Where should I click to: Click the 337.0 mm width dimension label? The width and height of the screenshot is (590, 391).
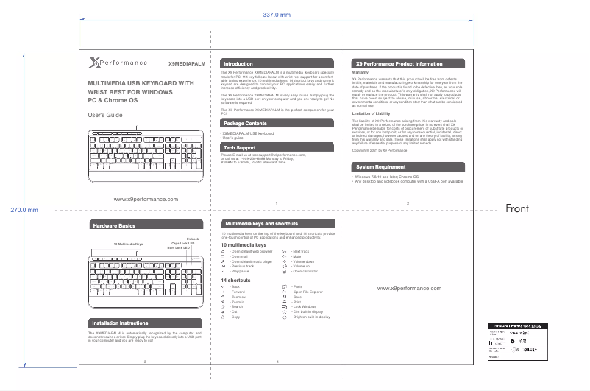click(277, 15)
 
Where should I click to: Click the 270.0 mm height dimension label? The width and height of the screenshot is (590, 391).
click(24, 210)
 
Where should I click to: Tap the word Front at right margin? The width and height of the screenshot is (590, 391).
click(517, 209)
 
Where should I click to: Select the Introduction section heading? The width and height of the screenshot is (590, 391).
click(238, 64)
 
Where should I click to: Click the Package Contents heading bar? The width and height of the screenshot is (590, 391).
click(246, 123)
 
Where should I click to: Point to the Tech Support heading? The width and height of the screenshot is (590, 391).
click(240, 148)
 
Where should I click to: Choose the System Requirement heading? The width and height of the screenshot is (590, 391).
click(380, 168)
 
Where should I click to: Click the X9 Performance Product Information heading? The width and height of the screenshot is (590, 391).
click(399, 64)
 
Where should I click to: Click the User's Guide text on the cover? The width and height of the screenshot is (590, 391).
click(105, 116)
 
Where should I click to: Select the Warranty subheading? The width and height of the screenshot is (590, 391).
click(360, 73)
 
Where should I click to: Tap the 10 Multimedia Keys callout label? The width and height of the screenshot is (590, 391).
click(128, 244)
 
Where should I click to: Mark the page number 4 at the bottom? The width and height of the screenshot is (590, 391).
click(276, 362)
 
